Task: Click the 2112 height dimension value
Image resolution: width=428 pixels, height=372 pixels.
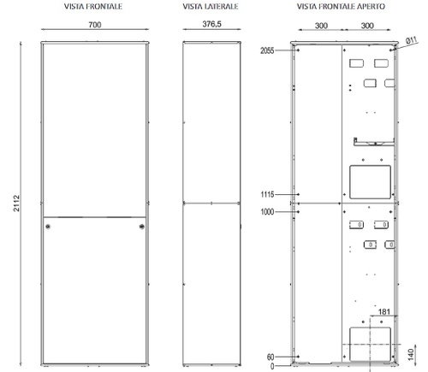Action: (18, 204)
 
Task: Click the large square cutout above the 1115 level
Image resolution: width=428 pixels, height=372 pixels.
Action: (368, 180)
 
